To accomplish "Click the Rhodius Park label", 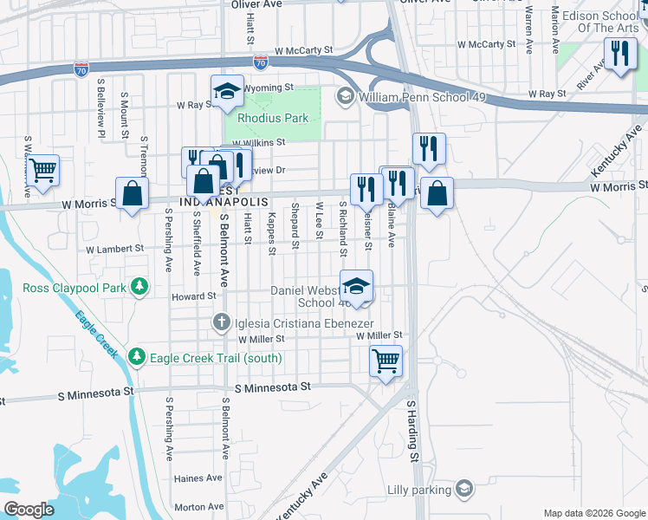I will (x=267, y=118).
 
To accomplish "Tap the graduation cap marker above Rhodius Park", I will (x=227, y=91).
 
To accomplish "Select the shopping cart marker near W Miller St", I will (x=386, y=360).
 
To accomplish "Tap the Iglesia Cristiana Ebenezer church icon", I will (x=223, y=323).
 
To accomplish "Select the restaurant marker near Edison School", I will (x=620, y=55).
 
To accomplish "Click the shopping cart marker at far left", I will (x=42, y=171).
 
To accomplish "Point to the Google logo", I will (x=29, y=510).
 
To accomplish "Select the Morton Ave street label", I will (x=198, y=507).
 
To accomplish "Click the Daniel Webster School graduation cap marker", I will (x=356, y=286).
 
